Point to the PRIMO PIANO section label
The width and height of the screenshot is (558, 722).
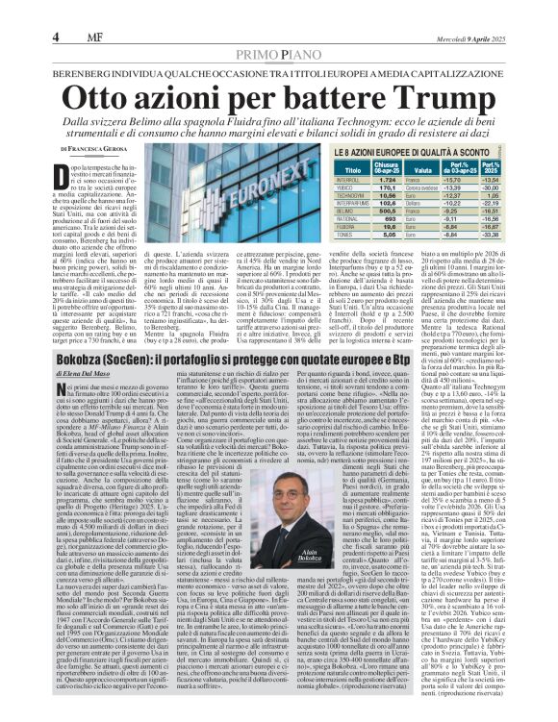coord(279,29)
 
